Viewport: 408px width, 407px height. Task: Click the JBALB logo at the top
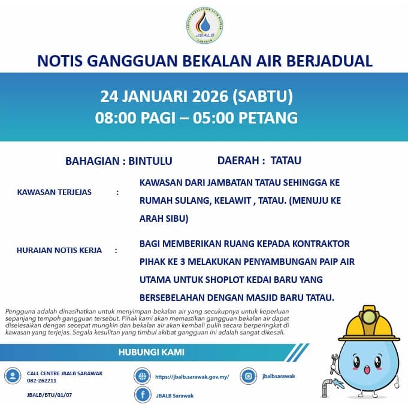tap(204, 26)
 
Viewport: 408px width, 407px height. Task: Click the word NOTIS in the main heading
tap(64, 61)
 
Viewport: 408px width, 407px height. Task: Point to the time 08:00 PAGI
tap(136, 118)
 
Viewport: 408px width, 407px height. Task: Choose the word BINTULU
tap(150, 161)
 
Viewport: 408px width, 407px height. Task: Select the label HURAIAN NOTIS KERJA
tap(59, 250)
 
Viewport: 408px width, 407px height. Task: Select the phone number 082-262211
tap(42, 380)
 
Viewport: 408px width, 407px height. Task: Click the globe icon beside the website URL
tap(143, 376)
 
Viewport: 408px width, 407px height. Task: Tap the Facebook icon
tap(143, 395)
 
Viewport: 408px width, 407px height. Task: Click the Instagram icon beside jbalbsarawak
tap(248, 376)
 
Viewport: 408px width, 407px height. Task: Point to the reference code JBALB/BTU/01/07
tap(50, 396)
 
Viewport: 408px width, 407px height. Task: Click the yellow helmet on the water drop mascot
tap(368, 324)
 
